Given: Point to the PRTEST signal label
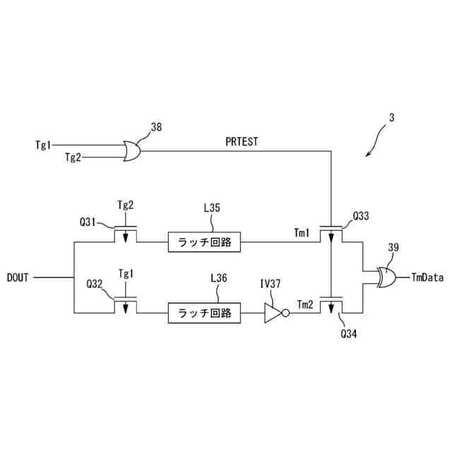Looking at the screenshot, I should coord(242,141).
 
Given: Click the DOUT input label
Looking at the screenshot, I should coord(18,278).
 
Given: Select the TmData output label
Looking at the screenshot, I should coord(427,278).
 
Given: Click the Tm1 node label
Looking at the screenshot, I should coord(302,232).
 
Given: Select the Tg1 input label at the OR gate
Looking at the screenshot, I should coord(44,145).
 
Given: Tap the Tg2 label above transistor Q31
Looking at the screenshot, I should coord(125,205).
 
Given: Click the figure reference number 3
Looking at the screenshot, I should coord(392,119).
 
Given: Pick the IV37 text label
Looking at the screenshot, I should coord(271,284).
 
